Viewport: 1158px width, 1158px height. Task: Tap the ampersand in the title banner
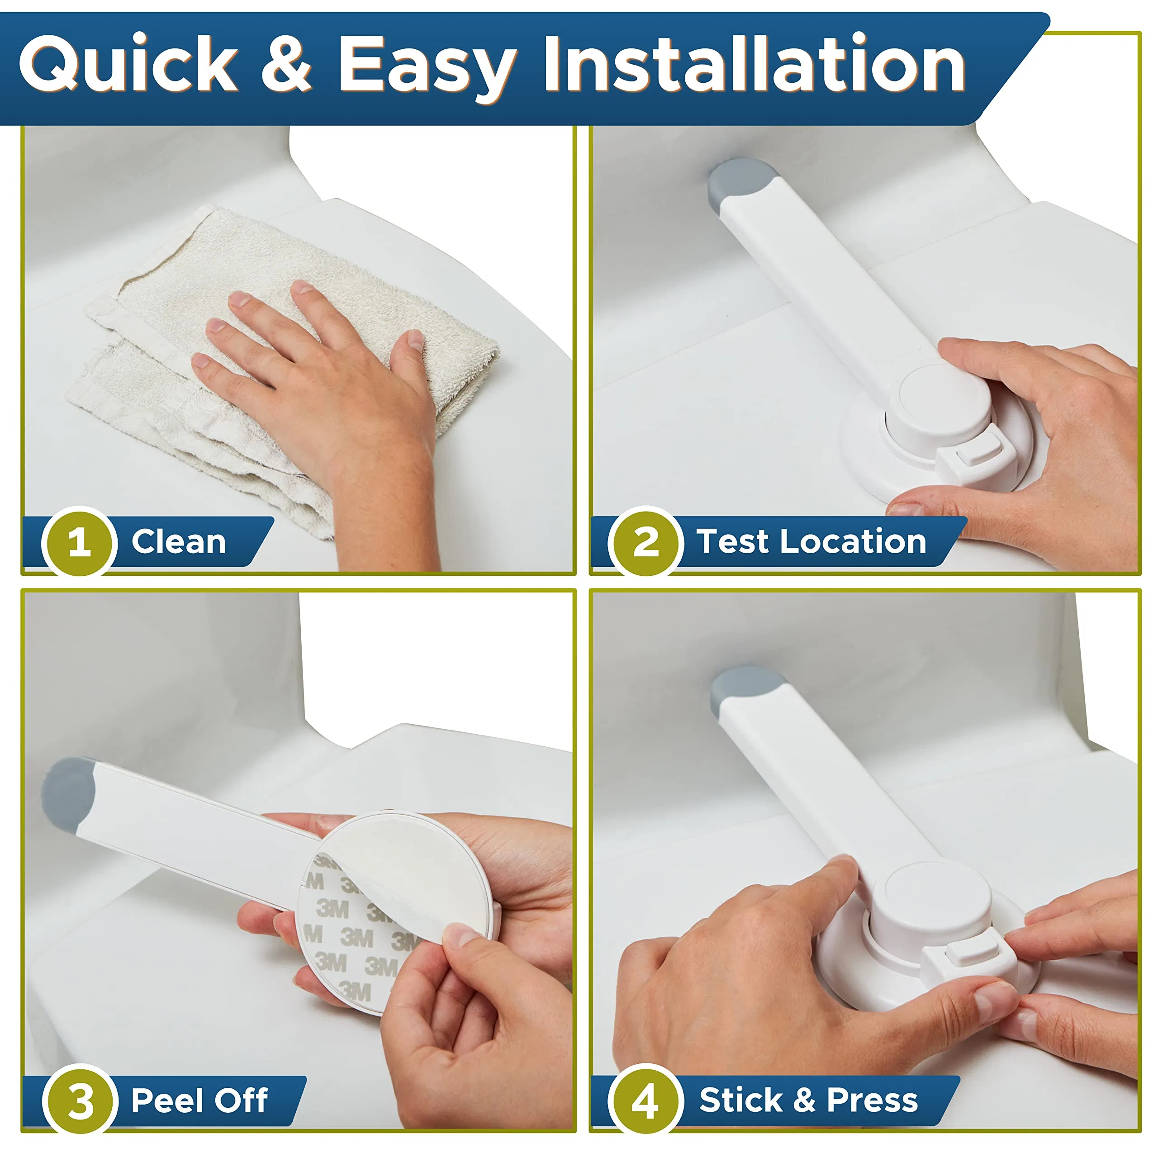point(286,64)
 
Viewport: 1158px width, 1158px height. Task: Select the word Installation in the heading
point(754,64)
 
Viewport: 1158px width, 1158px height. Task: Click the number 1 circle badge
point(79,542)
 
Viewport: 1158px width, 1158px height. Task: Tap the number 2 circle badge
point(645,542)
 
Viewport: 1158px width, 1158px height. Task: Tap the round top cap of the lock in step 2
point(944,400)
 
